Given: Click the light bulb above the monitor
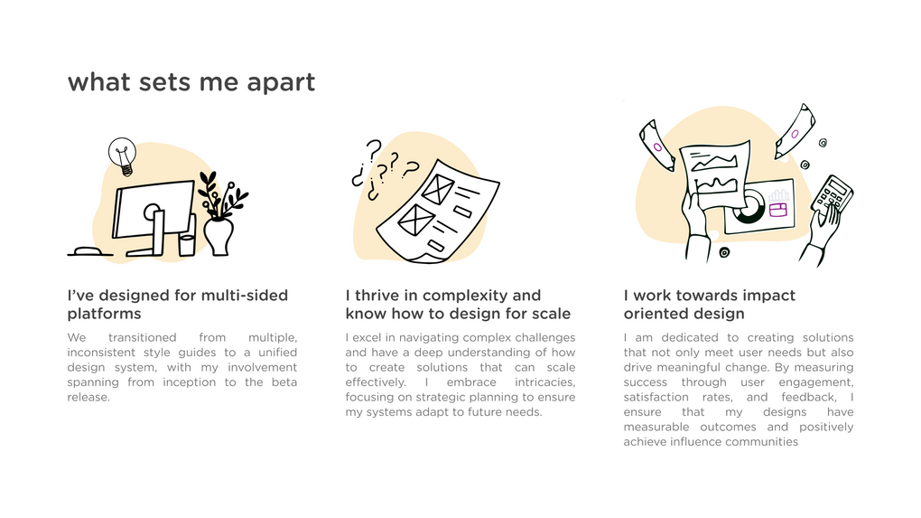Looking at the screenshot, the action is [123, 155].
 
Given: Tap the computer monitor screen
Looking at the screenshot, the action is [153, 208].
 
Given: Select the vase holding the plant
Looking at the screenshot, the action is [219, 237].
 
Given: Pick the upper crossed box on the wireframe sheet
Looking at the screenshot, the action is [438, 189].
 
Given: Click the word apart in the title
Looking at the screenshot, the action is [281, 82].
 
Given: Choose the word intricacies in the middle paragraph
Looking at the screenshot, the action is [545, 382].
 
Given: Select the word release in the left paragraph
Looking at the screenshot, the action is [88, 397].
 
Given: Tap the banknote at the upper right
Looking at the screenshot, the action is [795, 132].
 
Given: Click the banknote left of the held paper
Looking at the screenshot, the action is [656, 146].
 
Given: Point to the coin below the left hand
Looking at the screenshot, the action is [724, 252].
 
